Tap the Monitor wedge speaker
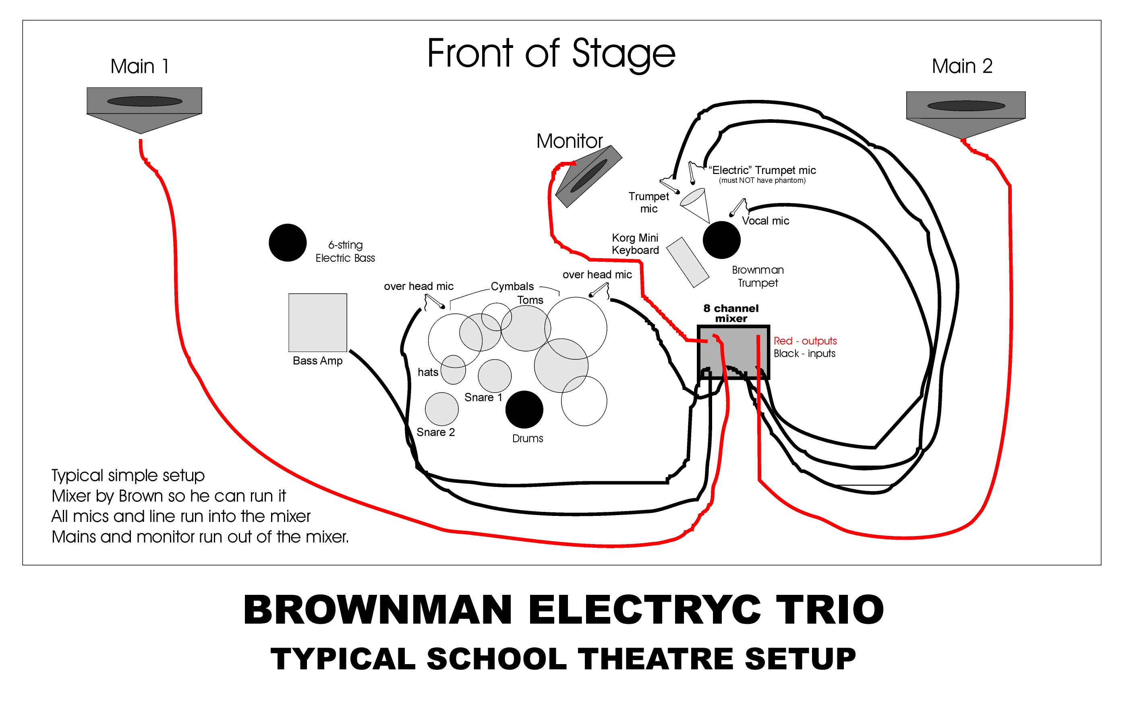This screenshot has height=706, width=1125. click(588, 176)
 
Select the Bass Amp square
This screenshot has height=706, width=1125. click(317, 322)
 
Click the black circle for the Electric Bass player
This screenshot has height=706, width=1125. click(288, 242)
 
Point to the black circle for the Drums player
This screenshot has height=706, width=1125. click(524, 410)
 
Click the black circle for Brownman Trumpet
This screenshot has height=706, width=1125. click(721, 240)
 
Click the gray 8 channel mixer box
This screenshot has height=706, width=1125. click(733, 352)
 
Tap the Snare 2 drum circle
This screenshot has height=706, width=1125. click(441, 409)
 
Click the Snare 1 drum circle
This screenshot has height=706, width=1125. click(495, 376)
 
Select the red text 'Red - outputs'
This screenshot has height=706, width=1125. click(805, 340)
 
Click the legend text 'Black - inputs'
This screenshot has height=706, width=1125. click(804, 354)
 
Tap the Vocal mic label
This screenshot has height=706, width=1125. click(765, 221)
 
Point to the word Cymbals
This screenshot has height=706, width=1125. click(512, 286)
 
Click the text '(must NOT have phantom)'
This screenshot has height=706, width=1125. click(762, 180)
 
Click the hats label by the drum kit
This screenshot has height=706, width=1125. click(428, 372)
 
